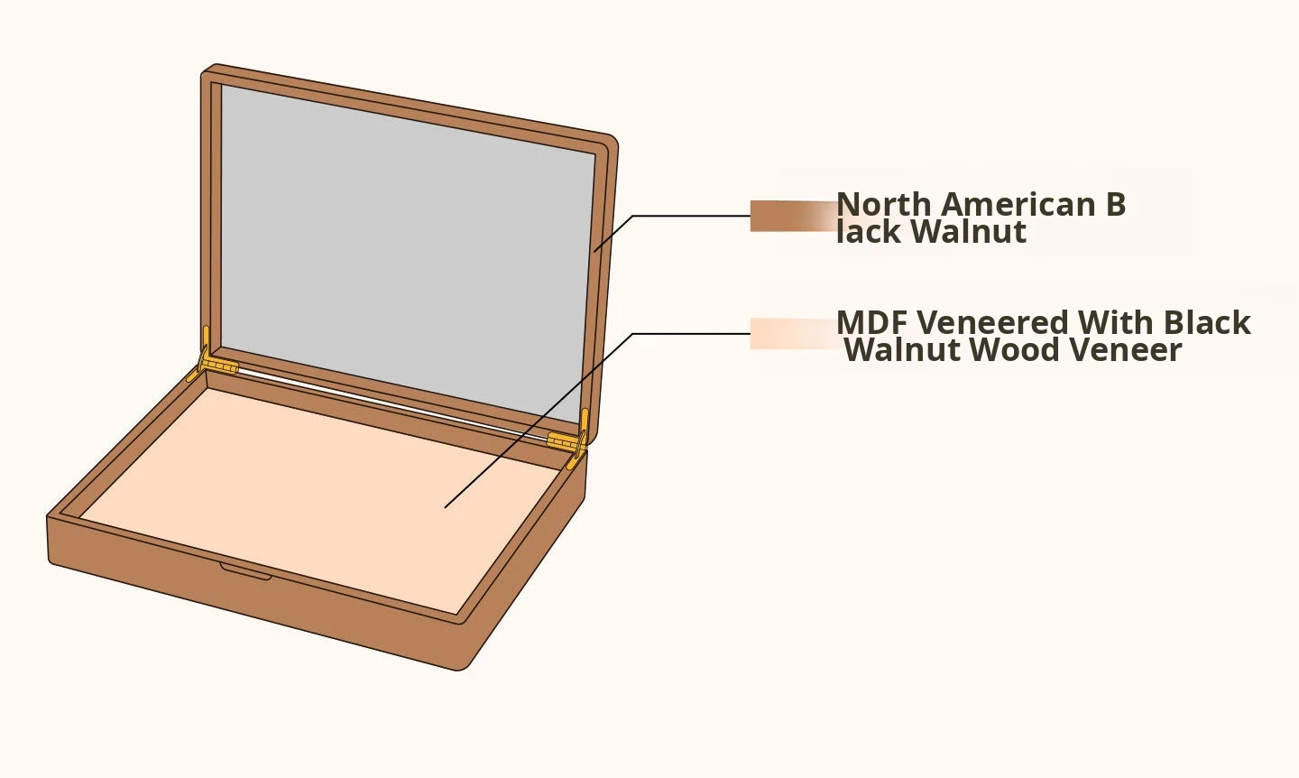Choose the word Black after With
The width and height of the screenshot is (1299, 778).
1207,323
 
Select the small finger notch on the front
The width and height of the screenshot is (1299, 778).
245,571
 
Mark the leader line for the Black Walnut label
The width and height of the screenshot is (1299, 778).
686,216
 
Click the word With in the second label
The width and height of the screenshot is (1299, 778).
1115,323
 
